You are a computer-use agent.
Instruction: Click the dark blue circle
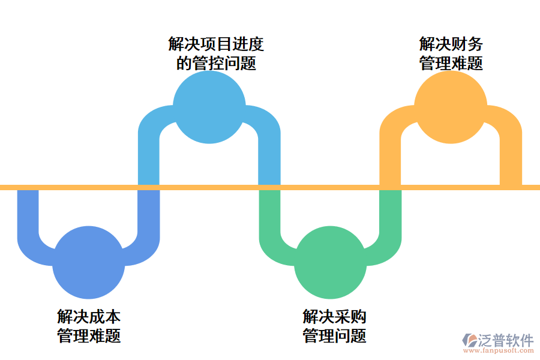click(x=89, y=263)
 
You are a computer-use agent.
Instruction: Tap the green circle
click(x=330, y=263)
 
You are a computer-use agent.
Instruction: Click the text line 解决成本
click(x=89, y=316)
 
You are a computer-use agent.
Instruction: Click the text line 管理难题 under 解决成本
click(x=89, y=335)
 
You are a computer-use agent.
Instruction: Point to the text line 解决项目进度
click(x=216, y=44)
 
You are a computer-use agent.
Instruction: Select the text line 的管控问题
click(x=216, y=62)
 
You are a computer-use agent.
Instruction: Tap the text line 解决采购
click(x=334, y=316)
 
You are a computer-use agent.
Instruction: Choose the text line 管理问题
click(x=334, y=335)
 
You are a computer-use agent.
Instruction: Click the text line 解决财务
click(x=451, y=44)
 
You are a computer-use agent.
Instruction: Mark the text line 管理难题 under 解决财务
click(x=451, y=62)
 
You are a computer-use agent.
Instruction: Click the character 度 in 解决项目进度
click(x=256, y=44)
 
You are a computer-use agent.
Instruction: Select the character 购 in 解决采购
click(x=358, y=316)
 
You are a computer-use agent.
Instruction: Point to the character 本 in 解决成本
click(x=113, y=316)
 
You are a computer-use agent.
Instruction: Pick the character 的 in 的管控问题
click(x=184, y=62)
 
